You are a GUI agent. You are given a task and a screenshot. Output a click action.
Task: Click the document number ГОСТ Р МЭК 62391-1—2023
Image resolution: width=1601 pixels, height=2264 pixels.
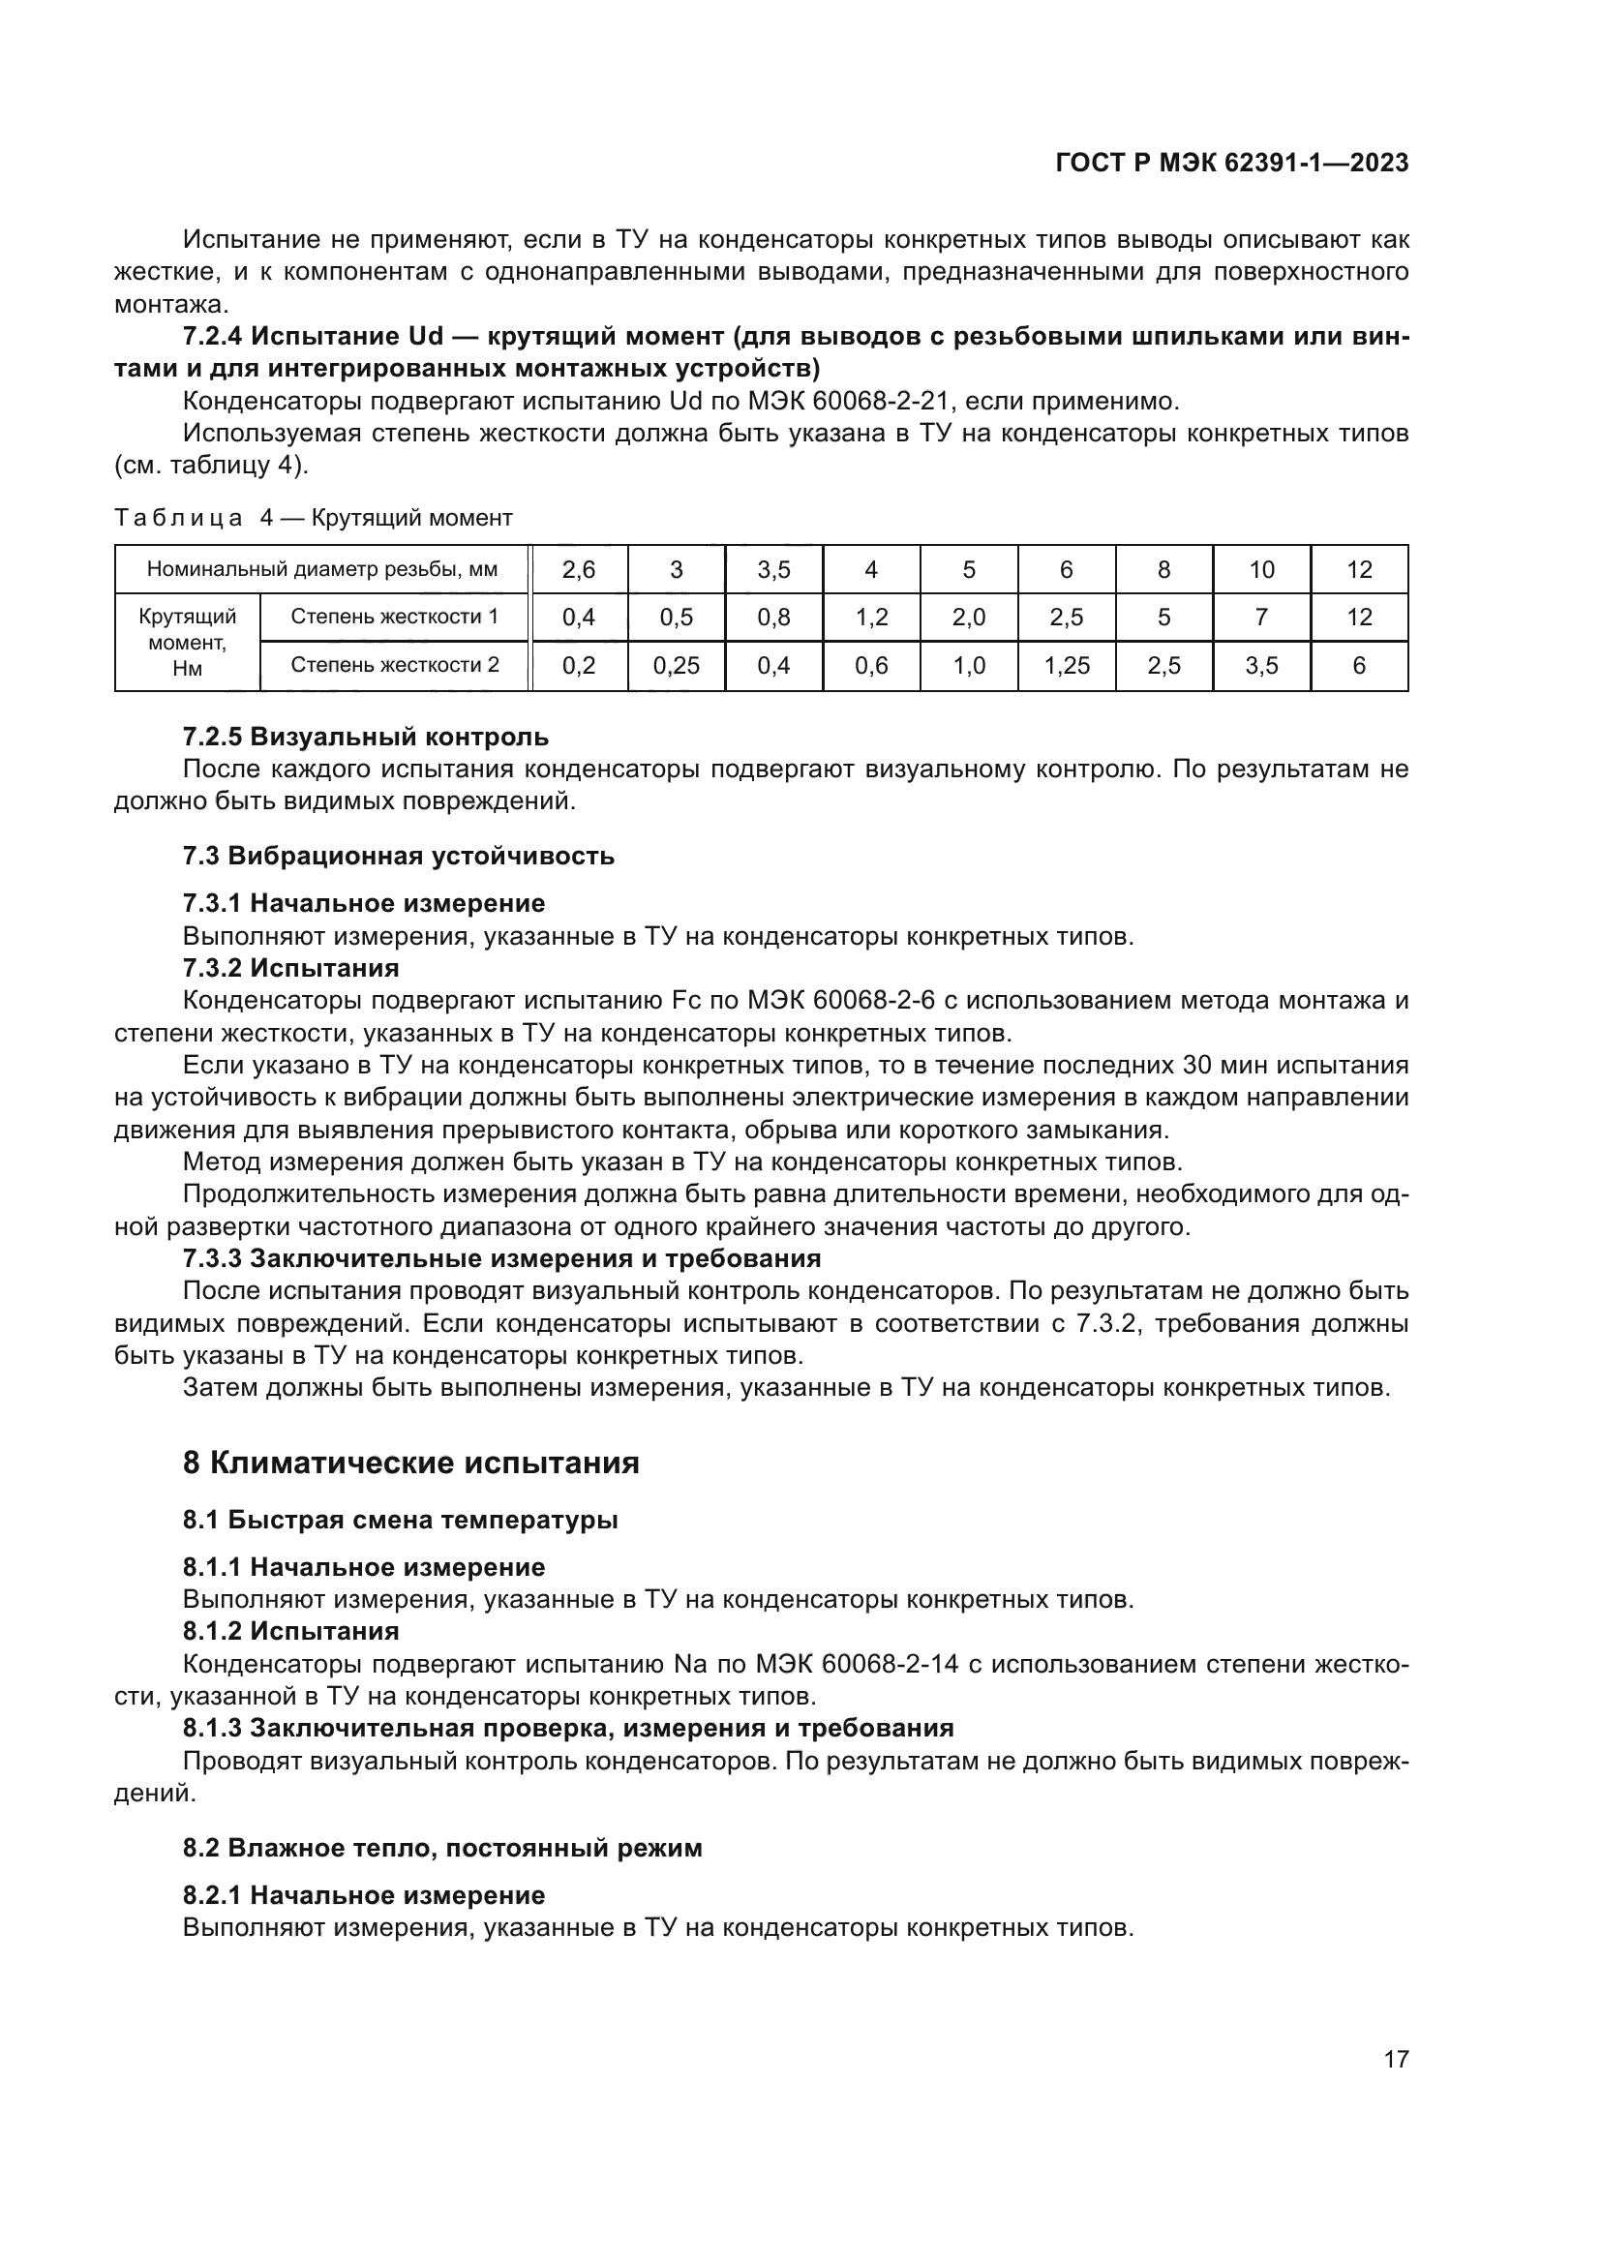(1231, 164)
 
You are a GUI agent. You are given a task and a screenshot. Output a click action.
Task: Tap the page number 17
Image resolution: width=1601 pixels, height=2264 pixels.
(1396, 2059)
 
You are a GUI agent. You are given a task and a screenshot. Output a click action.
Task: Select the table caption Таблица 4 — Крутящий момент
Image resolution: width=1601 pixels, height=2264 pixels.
(314, 518)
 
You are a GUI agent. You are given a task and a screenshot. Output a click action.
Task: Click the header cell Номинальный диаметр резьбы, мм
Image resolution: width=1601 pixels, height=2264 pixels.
(322, 569)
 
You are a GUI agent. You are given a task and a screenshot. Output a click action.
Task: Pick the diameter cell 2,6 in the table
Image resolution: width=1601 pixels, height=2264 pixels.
(579, 570)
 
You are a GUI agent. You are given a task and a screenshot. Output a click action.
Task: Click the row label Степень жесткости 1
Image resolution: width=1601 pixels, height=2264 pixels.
(394, 618)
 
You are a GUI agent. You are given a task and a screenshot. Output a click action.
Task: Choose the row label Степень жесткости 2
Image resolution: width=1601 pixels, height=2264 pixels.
(394, 665)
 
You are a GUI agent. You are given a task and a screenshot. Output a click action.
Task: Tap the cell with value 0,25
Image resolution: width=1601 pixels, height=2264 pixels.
(677, 666)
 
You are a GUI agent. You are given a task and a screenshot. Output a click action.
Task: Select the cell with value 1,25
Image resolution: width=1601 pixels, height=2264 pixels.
(1067, 666)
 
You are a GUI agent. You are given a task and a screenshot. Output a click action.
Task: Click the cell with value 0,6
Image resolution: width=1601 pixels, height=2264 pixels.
(871, 666)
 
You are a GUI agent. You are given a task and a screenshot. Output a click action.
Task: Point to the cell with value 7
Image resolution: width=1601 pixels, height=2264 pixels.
(1261, 618)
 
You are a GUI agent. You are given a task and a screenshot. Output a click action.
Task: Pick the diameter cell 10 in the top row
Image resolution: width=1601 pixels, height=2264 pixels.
(1261, 570)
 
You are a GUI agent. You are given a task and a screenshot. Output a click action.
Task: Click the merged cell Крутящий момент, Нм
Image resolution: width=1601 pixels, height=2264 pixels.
(188, 642)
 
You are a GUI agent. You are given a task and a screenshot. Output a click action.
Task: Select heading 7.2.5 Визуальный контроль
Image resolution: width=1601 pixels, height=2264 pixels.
(366, 737)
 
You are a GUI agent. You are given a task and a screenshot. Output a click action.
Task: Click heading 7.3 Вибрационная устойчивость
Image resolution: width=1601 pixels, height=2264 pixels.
(398, 855)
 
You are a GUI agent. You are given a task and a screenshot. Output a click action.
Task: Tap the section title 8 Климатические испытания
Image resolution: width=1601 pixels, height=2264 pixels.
(411, 1463)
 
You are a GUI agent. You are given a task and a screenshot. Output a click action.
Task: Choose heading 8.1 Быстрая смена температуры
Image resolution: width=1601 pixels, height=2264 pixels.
(401, 1520)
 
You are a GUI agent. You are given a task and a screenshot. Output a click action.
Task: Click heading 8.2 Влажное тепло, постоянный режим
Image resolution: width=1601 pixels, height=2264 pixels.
(442, 1847)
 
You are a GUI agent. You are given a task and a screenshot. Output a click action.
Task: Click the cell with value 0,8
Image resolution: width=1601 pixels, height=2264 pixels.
(774, 618)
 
